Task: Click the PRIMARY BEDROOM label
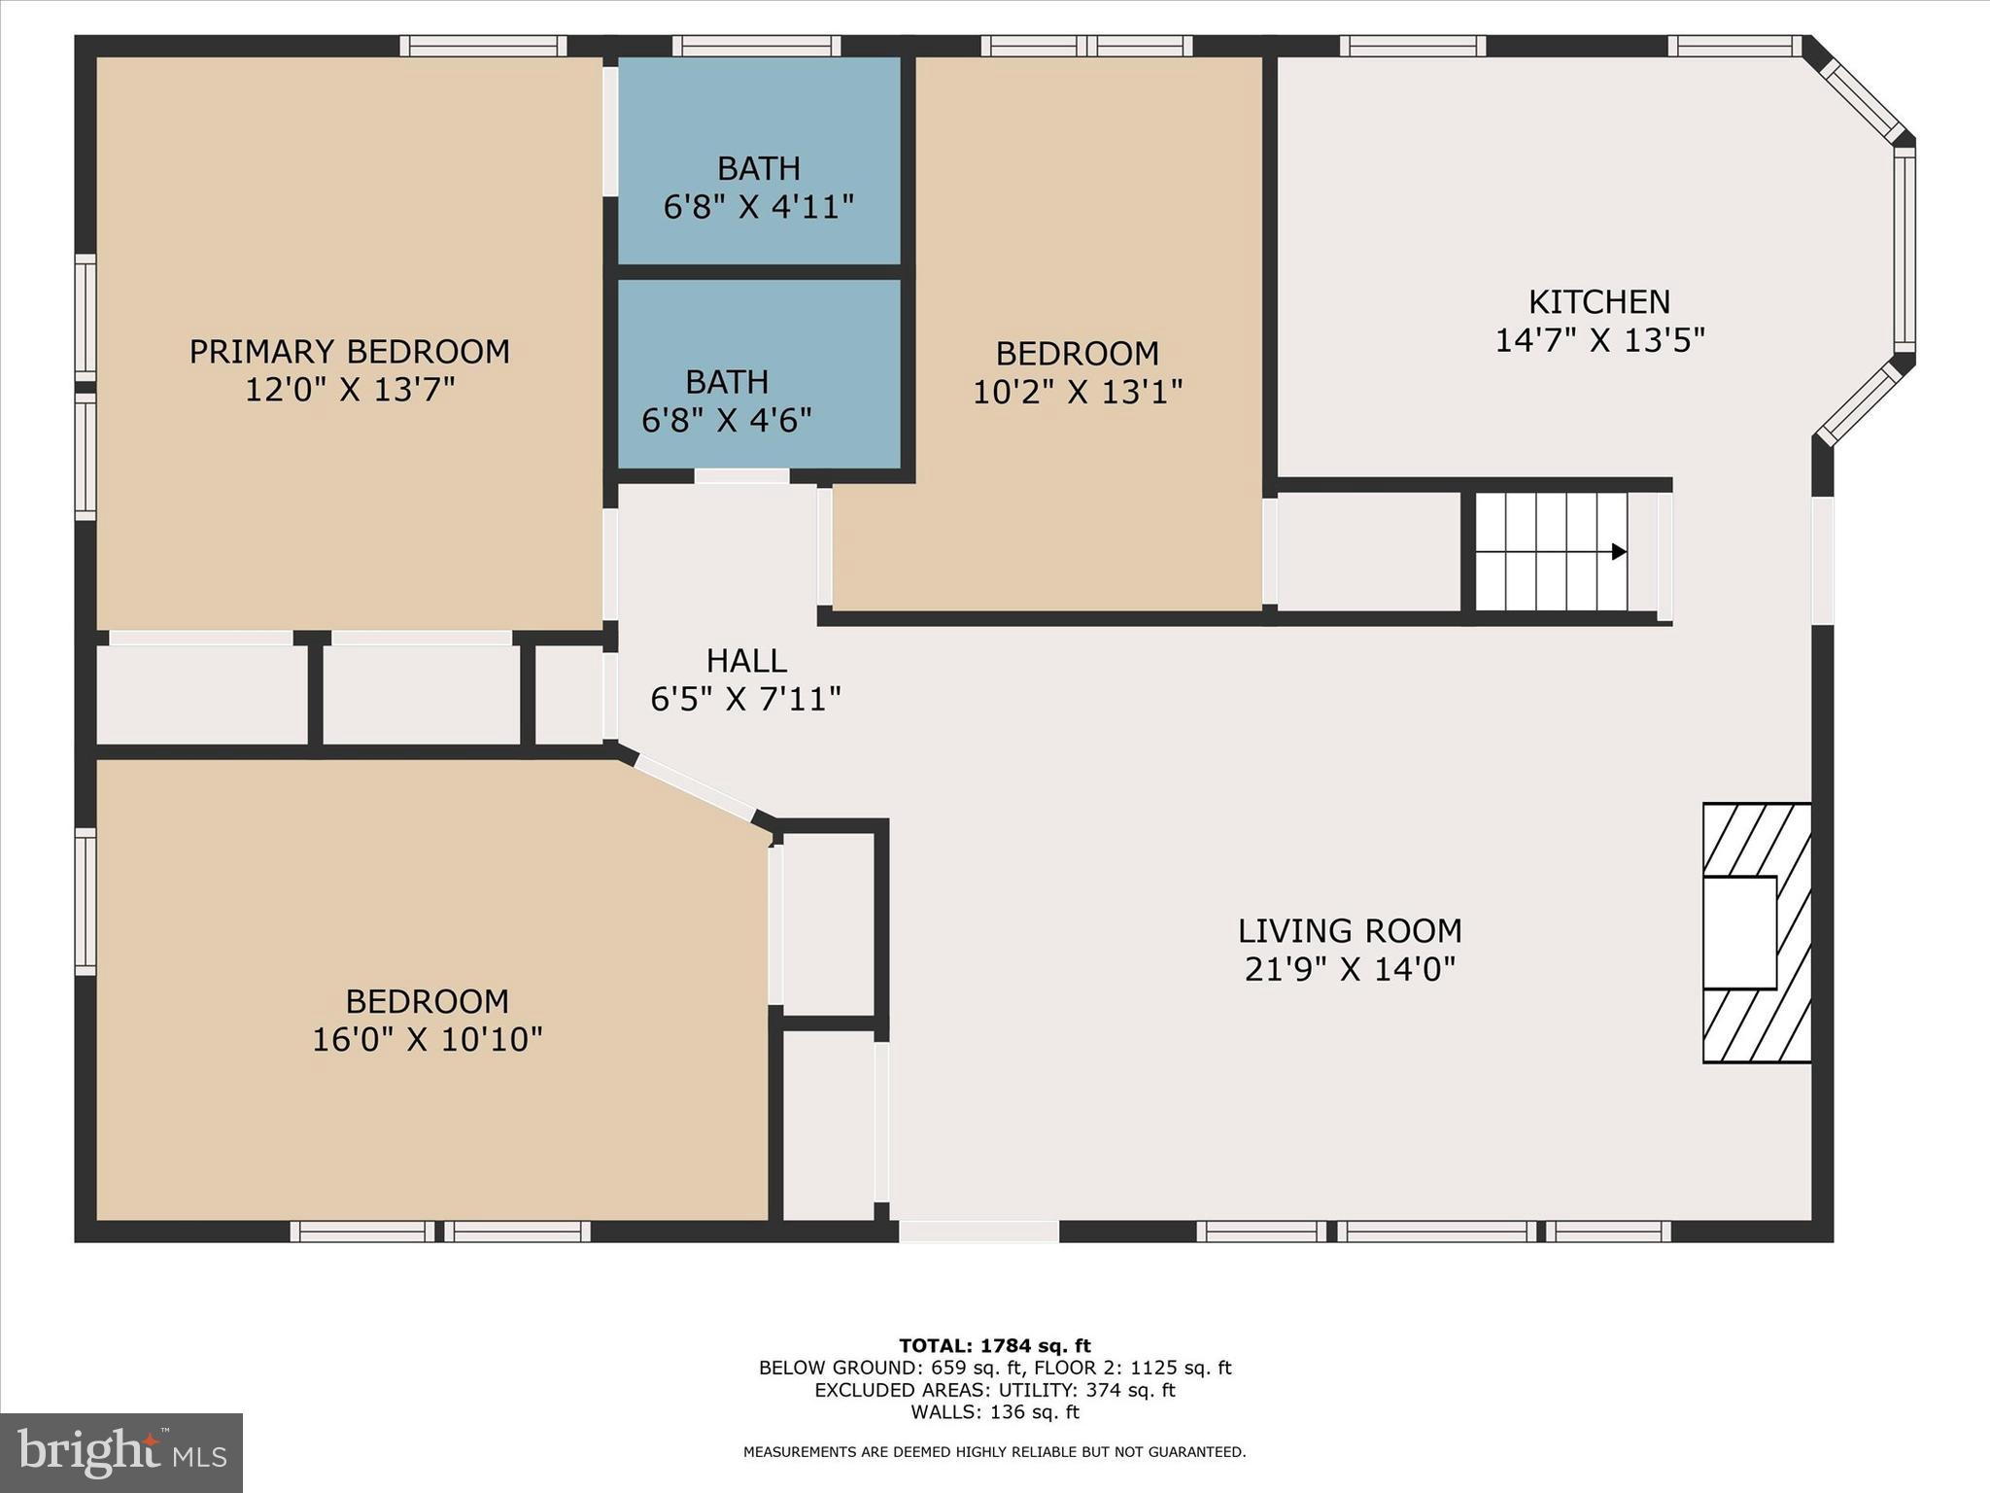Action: [349, 351]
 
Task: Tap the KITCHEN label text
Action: [1598, 302]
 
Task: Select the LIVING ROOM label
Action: [1349, 931]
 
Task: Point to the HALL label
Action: [745, 661]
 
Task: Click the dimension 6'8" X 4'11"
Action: [758, 207]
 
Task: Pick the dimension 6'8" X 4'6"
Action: [726, 420]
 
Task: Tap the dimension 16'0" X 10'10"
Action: [427, 1039]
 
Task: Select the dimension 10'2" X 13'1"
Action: [1077, 392]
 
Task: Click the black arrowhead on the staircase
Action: [1618, 552]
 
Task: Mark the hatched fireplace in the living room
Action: [1756, 933]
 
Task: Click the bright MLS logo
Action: [121, 1453]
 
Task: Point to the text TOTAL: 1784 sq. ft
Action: [994, 1346]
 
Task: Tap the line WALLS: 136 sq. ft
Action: [994, 1412]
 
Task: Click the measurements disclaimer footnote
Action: [994, 1452]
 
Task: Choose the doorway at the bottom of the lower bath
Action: [741, 476]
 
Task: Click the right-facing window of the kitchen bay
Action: [1904, 251]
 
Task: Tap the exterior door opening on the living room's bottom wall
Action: [978, 1232]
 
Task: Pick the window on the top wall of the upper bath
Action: [756, 46]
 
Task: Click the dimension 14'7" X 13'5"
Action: [1598, 341]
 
